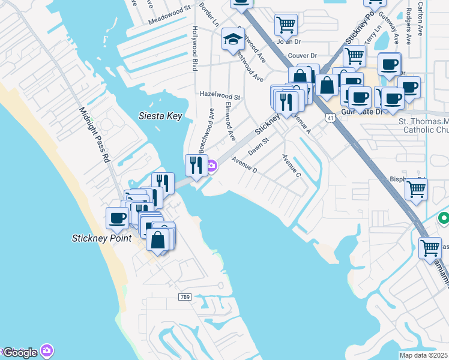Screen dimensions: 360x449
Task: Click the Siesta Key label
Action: coord(160,116)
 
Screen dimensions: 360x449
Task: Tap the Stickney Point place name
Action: coord(101,238)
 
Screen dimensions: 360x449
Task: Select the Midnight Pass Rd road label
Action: coord(95,136)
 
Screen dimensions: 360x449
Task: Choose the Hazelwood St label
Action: coord(220,96)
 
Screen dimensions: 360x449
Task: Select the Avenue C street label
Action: coord(291,166)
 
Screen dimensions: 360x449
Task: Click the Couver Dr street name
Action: coord(302,55)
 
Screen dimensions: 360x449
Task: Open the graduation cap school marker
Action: coord(233,40)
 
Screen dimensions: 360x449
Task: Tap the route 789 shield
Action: coord(185,297)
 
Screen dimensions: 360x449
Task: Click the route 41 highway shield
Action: coord(330,118)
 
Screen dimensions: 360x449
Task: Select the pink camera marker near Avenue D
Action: coord(212,166)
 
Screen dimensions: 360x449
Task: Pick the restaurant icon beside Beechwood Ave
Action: coord(196,165)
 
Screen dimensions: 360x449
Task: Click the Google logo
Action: coord(20,352)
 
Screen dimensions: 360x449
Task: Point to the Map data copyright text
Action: coord(424,355)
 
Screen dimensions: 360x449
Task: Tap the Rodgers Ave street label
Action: coord(408,27)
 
